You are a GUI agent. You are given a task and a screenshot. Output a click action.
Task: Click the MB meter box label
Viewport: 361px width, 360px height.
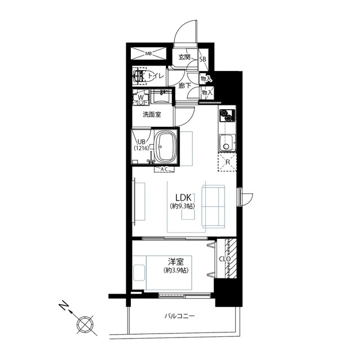pyautogui.click(x=148, y=54)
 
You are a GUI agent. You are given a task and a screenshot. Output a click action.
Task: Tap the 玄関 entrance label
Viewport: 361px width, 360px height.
pyautogui.click(x=184, y=57)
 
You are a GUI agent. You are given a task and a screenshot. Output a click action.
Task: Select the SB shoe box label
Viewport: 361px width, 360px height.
pyautogui.click(x=202, y=59)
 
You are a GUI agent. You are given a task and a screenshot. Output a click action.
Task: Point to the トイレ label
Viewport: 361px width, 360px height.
pyautogui.click(x=156, y=75)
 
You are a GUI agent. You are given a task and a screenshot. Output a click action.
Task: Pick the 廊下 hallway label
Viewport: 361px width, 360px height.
pyautogui.click(x=185, y=86)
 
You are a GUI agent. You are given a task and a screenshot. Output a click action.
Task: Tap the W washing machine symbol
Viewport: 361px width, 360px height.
pyautogui.click(x=140, y=97)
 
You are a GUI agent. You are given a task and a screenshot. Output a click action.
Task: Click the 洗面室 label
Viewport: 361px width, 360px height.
pyautogui.click(x=152, y=114)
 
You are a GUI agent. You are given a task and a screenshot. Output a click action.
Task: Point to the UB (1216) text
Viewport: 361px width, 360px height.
pyautogui.click(x=142, y=145)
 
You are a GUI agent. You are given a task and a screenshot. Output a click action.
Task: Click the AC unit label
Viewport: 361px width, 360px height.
pyautogui.click(x=164, y=170)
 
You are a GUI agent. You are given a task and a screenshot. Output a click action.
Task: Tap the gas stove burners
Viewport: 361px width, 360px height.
pyautogui.click(x=227, y=115)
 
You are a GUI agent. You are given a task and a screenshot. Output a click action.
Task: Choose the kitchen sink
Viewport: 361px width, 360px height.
pyautogui.click(x=227, y=143)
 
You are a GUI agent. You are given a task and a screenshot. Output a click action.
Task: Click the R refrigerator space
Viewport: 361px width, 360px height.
pyautogui.click(x=227, y=162)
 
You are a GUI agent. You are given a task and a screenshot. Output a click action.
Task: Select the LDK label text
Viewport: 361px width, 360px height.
pyautogui.click(x=183, y=198)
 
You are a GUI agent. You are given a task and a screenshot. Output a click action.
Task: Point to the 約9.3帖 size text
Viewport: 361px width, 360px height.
pyautogui.click(x=183, y=206)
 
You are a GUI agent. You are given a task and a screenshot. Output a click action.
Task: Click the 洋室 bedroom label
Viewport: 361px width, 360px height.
pyautogui.click(x=176, y=262)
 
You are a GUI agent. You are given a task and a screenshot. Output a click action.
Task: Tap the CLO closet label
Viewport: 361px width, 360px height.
pyautogui.click(x=224, y=259)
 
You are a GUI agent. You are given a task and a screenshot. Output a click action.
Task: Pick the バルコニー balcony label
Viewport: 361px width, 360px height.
pyautogui.click(x=179, y=316)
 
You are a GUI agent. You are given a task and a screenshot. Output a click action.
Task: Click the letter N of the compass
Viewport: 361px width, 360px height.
pyautogui.click(x=64, y=306)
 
